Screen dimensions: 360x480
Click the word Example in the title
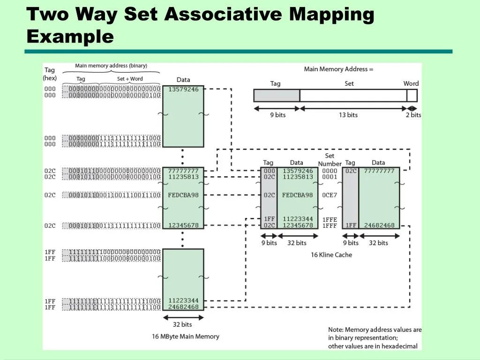(x=70, y=37)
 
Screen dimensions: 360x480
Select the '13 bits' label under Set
(x=348, y=115)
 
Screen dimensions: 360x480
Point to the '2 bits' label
(x=413, y=115)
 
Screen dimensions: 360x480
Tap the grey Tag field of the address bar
(x=277, y=96)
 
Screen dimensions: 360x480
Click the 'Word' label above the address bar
(x=411, y=83)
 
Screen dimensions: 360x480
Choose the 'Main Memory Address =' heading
(x=338, y=69)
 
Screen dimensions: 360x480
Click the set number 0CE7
(x=330, y=195)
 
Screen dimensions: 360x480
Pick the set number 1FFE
(x=330, y=219)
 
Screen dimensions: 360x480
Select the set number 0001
(x=330, y=177)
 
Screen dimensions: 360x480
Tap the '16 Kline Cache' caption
(x=331, y=255)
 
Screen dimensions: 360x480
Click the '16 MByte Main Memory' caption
(x=186, y=337)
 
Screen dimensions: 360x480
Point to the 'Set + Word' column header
(x=130, y=79)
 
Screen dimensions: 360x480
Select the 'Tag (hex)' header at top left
(x=50, y=74)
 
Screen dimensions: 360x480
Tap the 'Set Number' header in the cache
(x=330, y=160)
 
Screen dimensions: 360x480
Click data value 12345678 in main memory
(x=183, y=225)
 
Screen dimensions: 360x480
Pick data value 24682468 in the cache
(x=379, y=225)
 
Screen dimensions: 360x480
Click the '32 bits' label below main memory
(x=182, y=324)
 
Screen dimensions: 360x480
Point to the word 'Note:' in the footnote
(x=336, y=330)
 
